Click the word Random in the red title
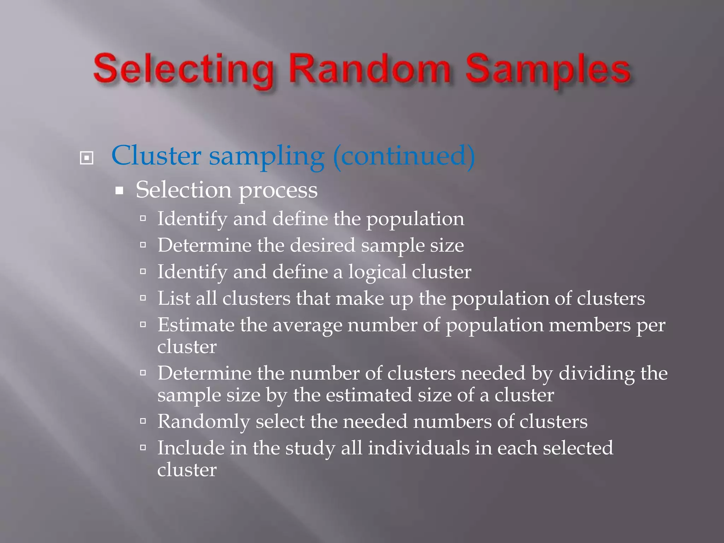click(370, 69)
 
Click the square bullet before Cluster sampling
click(87, 158)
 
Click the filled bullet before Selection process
click(119, 191)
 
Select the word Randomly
click(204, 422)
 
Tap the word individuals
click(419, 448)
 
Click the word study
click(310, 449)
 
